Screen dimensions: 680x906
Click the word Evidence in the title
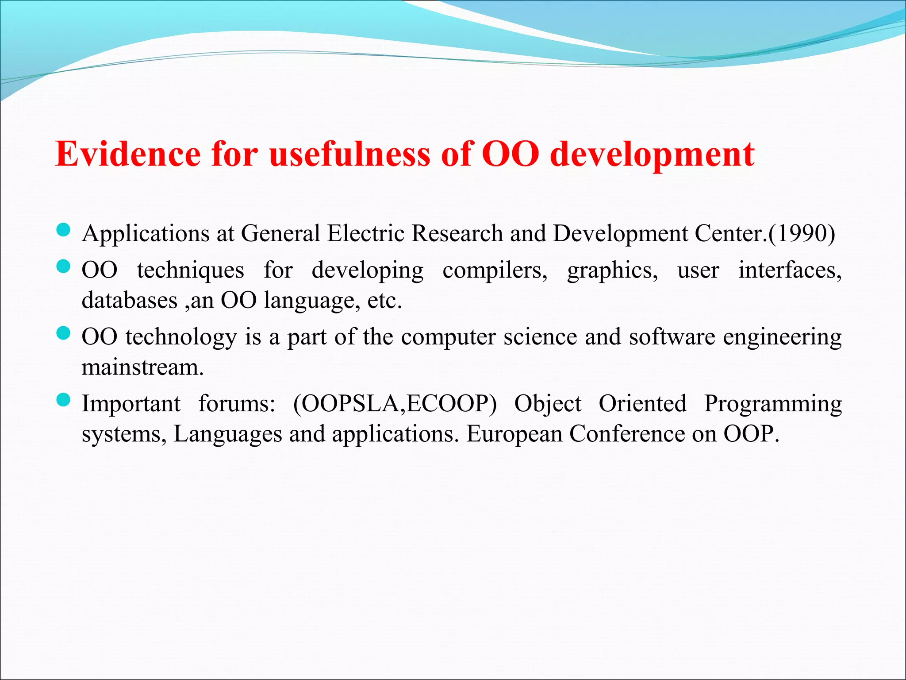(128, 154)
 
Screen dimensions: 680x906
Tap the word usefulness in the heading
(349, 154)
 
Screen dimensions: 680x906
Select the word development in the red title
(652, 155)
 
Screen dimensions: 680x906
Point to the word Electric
(365, 233)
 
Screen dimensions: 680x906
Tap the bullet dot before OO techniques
(64, 267)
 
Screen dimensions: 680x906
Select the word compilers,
(495, 270)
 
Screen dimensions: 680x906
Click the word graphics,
(612, 270)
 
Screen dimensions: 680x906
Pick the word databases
(129, 300)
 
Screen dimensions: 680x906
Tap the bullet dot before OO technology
(64, 333)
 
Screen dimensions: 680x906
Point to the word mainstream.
(142, 367)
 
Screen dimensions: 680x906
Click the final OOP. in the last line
(751, 434)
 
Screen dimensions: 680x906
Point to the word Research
(457, 233)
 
